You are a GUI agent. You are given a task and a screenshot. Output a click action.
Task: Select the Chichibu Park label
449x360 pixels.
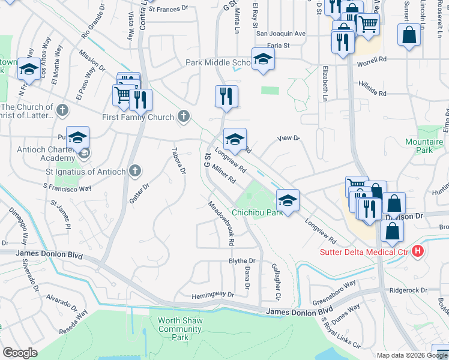(258, 212)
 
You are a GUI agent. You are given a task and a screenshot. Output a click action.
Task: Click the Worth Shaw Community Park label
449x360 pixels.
(179, 329)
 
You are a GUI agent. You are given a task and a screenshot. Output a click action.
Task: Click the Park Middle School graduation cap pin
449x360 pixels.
(263, 60)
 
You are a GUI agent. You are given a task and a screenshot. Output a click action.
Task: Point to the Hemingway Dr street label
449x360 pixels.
(212, 295)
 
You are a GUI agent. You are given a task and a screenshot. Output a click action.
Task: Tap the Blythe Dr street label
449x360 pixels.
(243, 261)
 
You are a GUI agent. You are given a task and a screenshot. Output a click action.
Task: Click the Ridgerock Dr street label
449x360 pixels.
(407, 290)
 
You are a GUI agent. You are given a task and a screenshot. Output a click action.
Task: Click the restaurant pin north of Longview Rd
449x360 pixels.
(226, 97)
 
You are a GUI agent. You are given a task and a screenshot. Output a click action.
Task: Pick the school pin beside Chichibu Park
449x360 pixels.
(288, 200)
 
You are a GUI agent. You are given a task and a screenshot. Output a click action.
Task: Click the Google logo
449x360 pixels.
(20, 353)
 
